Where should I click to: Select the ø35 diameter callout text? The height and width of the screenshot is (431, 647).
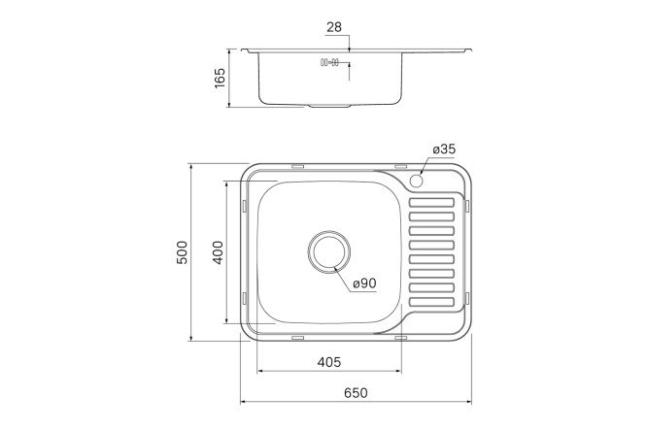tap(444, 149)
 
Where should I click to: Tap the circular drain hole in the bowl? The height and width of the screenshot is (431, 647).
tap(328, 251)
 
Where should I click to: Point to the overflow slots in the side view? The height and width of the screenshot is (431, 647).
tap(328, 65)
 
